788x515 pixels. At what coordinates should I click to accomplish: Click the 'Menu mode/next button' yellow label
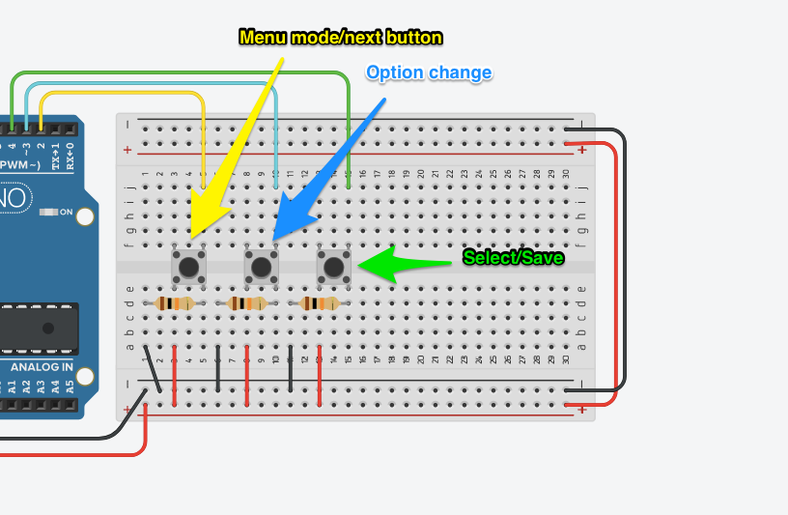coord(340,38)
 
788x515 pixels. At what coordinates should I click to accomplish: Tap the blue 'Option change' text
coord(429,72)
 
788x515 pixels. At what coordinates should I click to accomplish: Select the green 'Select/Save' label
coord(513,258)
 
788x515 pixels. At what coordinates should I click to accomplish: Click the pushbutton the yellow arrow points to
coord(188,266)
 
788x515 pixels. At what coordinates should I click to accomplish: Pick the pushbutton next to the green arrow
coord(333,266)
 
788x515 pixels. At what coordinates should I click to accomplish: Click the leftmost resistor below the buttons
coord(175,303)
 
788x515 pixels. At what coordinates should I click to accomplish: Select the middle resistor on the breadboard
coord(248,303)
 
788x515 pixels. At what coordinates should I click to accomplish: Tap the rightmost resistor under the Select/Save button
coord(320,303)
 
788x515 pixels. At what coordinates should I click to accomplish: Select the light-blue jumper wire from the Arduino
coord(155,84)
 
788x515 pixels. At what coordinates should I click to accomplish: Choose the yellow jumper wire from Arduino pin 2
coord(126,94)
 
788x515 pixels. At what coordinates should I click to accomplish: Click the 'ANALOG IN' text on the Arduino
coord(41,367)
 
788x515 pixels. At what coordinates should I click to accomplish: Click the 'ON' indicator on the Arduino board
coord(66,212)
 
